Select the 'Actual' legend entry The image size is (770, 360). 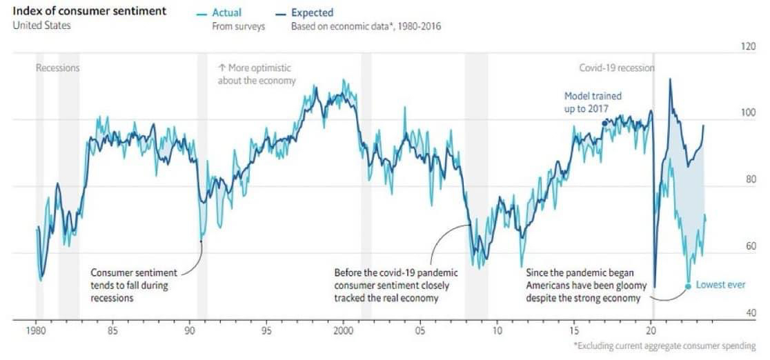pyautogui.click(x=228, y=12)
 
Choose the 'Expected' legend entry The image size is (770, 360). pyautogui.click(x=312, y=12)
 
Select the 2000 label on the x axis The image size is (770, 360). pyautogui.click(x=343, y=330)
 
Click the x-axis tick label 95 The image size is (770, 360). pyautogui.click(x=266, y=330)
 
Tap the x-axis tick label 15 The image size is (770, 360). pyautogui.click(x=573, y=330)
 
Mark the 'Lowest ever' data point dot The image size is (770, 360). pyautogui.click(x=687, y=286)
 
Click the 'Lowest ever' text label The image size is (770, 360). pyautogui.click(x=720, y=285)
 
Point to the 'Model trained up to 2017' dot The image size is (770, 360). pyautogui.click(x=605, y=123)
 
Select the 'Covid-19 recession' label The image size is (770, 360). pyautogui.click(x=616, y=68)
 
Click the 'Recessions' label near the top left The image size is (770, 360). pyautogui.click(x=57, y=68)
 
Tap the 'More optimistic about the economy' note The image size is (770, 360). pyautogui.click(x=256, y=74)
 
